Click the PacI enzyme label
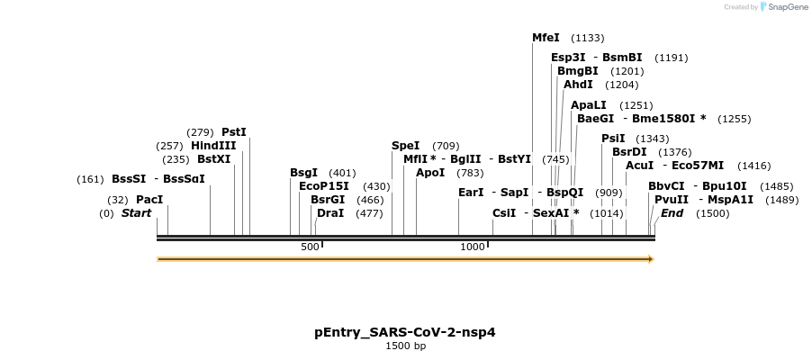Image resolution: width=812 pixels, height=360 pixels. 149,200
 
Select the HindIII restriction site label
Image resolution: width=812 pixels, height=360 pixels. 213,146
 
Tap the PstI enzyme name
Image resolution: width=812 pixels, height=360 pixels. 234,132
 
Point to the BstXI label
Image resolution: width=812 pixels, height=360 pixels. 214,159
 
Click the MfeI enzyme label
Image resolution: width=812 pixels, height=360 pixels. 546,38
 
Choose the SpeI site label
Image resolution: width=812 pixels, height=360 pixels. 405,146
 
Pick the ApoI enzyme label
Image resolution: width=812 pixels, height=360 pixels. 430,173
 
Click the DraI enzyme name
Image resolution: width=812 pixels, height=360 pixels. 330,213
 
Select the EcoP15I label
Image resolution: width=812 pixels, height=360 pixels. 324,186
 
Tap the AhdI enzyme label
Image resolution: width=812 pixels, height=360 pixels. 578,85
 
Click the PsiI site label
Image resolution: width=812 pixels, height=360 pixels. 613,139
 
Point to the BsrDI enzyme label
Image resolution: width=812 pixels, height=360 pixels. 629,152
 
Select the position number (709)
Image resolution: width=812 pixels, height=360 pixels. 446,146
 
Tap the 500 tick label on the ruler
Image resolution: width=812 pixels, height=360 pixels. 310,247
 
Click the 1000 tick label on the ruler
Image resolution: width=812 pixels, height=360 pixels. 473,247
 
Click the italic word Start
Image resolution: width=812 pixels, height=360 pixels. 136,213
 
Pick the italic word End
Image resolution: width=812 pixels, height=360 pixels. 672,213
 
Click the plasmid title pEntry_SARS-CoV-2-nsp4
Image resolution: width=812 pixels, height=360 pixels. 405,332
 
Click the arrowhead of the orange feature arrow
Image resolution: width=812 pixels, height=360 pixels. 649,259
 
